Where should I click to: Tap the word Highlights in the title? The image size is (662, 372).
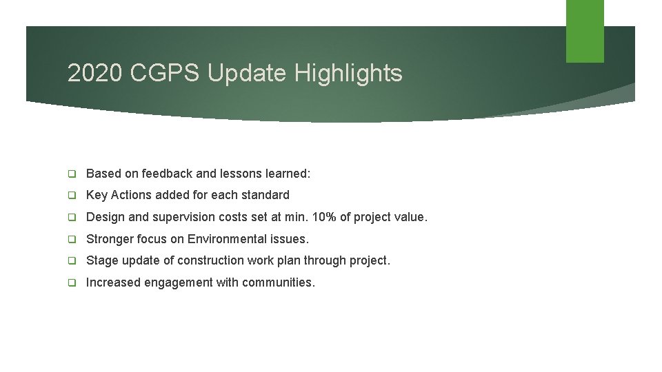348,73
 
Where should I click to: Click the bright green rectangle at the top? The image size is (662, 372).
585,31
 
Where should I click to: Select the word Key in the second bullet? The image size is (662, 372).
97,195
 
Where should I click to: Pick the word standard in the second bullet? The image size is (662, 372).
266,195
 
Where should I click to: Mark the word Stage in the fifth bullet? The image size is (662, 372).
101,260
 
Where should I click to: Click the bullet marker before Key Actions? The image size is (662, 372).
72,196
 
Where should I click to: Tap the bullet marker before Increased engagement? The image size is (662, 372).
72,283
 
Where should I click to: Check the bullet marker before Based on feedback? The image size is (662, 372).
72,174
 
